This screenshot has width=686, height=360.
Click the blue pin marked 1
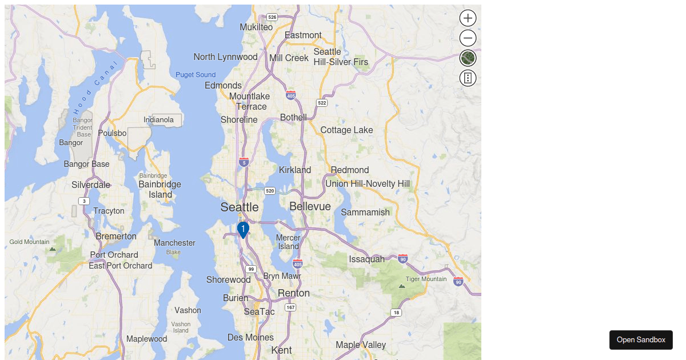pos(243,230)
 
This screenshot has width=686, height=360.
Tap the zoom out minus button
pos(468,38)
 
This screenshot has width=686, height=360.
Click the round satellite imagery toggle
pos(468,58)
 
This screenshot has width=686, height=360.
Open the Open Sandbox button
pos(641,339)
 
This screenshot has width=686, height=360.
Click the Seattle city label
pos(240,207)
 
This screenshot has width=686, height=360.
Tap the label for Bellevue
pos(310,206)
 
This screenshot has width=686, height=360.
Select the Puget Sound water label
pos(196,75)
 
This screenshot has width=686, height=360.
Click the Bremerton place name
pos(116,236)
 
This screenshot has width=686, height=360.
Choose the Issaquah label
pos(366,259)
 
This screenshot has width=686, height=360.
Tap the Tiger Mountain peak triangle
pos(401,286)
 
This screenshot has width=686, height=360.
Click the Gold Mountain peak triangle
pos(53,249)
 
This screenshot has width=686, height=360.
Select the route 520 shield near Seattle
pos(270,190)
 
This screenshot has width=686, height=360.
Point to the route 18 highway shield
pos(396,313)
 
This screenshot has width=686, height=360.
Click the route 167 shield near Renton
pos(291,307)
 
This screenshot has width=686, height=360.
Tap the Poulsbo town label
pos(112,133)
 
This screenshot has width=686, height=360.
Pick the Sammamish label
pos(365,212)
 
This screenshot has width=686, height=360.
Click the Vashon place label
pos(188,310)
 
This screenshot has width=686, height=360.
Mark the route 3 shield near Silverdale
pos(84,201)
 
